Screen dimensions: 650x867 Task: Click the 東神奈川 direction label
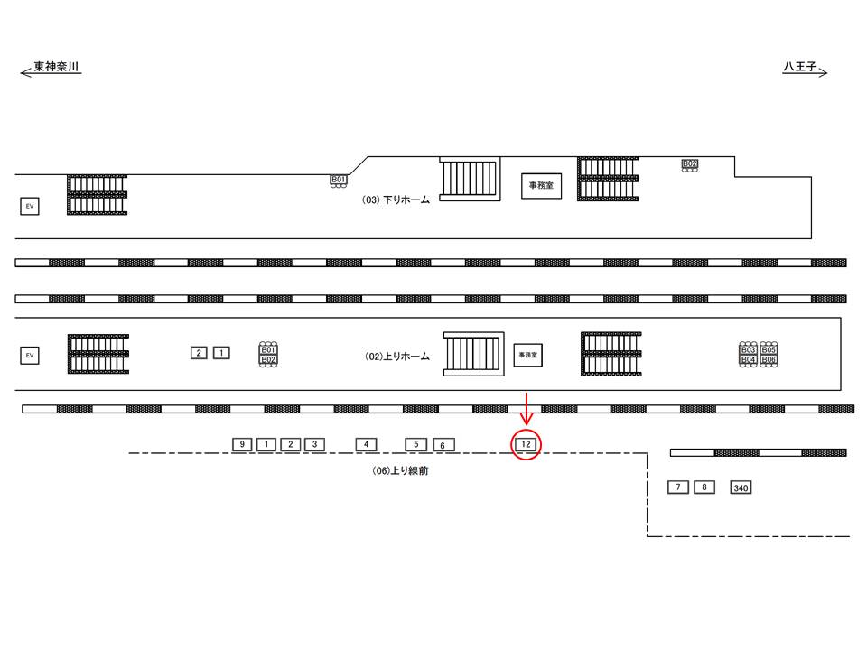56,68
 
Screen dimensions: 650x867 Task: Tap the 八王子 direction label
800,68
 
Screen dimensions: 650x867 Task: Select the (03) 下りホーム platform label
396,200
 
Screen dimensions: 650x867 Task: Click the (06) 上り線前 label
400,470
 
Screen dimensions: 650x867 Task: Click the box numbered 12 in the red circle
526,444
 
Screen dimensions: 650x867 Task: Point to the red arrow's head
526,421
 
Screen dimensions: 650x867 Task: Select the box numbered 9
242,444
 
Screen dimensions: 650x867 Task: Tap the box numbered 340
741,488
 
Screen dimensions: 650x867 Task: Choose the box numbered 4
366,444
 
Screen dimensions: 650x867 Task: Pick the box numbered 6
443,445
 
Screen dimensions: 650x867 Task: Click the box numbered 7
678,487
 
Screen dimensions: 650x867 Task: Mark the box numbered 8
704,487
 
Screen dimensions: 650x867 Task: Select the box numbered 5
415,444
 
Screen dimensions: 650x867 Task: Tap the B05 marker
769,349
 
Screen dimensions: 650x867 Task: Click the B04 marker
748,359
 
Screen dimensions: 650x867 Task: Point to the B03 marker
748,349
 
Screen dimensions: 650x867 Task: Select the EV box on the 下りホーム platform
30,207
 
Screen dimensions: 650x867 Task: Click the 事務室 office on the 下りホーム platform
541,185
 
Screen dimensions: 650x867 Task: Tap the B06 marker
769,359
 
